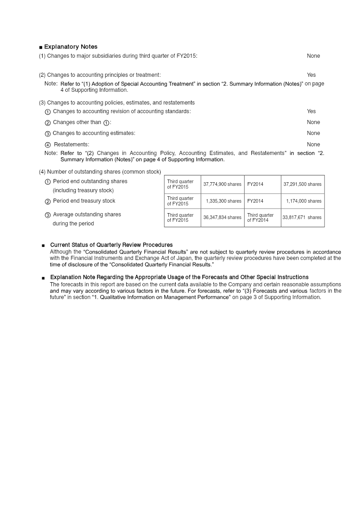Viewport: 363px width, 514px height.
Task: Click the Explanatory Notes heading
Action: click(70, 47)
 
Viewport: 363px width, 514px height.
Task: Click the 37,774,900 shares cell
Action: click(222, 184)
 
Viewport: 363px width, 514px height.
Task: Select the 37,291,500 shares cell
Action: click(302, 184)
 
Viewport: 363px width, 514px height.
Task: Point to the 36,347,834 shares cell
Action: click(222, 217)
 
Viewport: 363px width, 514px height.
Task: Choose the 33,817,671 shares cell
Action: click(302, 217)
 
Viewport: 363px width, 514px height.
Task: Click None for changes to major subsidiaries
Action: click(313, 56)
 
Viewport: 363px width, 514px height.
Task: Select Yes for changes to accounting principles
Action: click(311, 75)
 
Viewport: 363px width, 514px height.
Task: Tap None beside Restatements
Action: click(313, 145)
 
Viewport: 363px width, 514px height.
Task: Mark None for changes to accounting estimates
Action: click(313, 133)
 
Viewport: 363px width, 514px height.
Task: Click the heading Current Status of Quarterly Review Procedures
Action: click(111, 245)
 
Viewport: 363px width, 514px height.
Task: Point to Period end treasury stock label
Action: click(84, 201)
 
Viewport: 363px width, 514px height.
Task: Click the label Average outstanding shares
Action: click(87, 215)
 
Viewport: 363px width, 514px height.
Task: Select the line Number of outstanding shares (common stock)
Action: click(100, 171)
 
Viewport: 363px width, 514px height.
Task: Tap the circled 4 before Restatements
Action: click(48, 145)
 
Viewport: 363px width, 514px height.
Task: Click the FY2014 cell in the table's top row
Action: click(255, 184)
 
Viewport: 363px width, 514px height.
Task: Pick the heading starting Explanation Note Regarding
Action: click(179, 277)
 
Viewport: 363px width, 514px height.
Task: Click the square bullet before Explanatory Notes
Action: click(41, 47)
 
